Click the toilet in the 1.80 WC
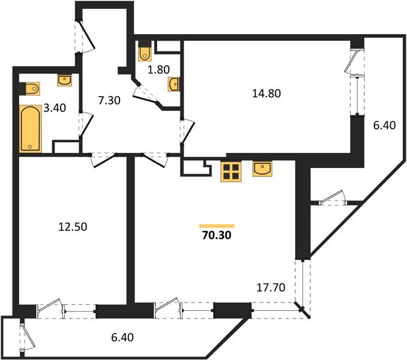[x=145, y=53]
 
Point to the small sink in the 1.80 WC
[x=173, y=83]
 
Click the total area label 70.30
[x=216, y=236]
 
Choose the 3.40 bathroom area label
[x=55, y=109]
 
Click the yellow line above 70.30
[x=216, y=226]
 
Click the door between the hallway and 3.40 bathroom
[x=85, y=124]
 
